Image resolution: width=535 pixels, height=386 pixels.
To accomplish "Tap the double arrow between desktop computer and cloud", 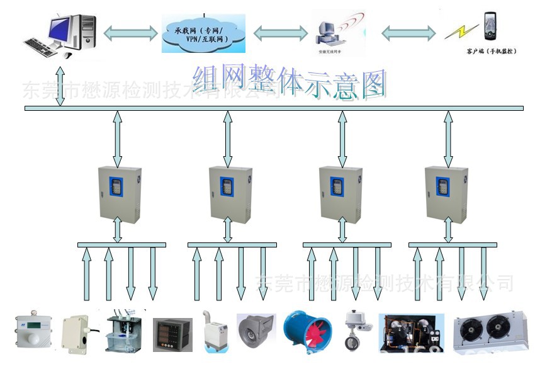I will click(x=130, y=33).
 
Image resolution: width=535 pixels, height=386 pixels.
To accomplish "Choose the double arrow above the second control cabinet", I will click(x=228, y=138).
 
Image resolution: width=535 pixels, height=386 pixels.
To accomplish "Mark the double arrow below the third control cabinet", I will click(x=342, y=230).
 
